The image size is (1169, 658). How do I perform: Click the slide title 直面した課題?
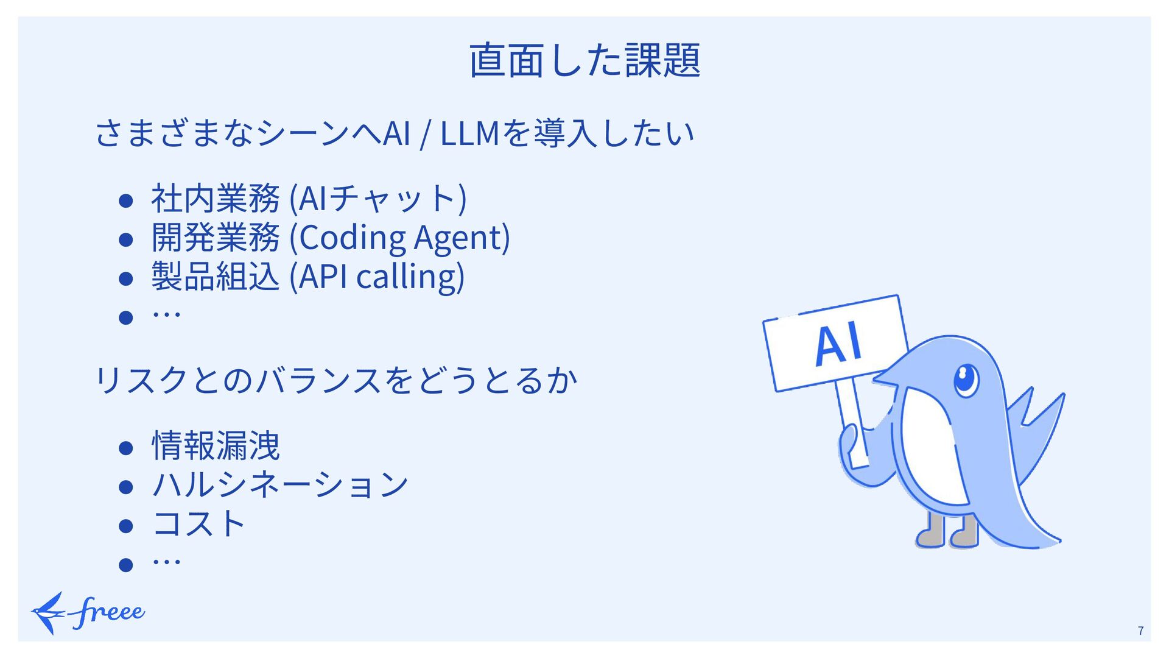pyautogui.click(x=584, y=61)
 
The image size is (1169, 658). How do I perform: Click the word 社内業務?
pyautogui.click(x=215, y=199)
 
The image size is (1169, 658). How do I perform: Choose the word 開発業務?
pyautogui.click(x=215, y=238)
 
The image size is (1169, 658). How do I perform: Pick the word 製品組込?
pyautogui.click(x=215, y=277)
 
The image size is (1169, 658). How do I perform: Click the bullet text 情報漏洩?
pyautogui.click(x=216, y=446)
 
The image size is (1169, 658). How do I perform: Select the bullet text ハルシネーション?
pyautogui.click(x=280, y=485)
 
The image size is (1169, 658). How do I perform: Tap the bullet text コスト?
pyautogui.click(x=198, y=524)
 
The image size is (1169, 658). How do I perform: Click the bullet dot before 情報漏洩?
pyautogui.click(x=126, y=449)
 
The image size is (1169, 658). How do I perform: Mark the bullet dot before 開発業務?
pyautogui.click(x=126, y=240)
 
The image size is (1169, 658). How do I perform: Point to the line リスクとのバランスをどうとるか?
pyautogui.click(x=336, y=380)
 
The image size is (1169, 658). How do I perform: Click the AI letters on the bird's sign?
pyautogui.click(x=838, y=344)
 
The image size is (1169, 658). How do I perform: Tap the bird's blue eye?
pyautogui.click(x=965, y=378)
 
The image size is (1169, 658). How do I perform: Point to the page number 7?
pyautogui.click(x=1140, y=631)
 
